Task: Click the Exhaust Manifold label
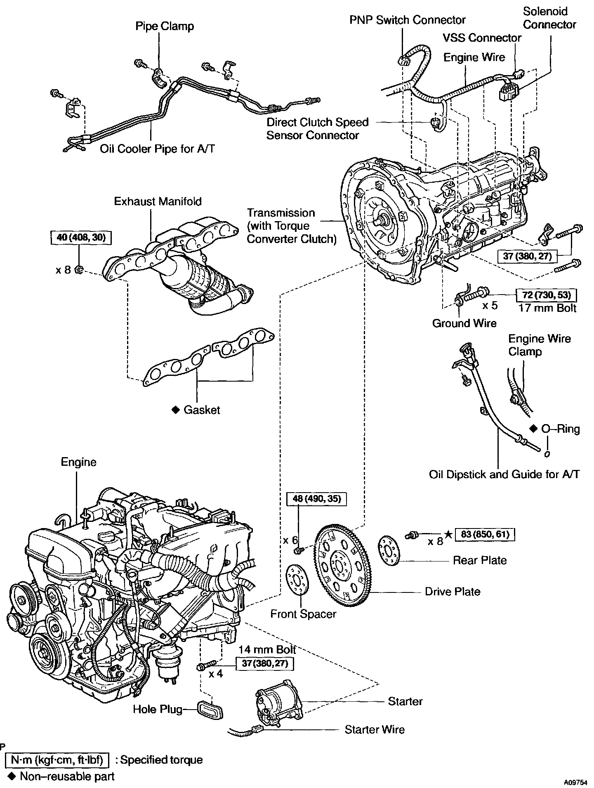point(158,202)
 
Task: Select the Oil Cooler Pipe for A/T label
point(157,149)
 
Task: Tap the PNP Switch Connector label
point(408,20)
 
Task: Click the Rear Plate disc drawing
point(389,551)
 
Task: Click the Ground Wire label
point(464,323)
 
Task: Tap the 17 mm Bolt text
point(547,308)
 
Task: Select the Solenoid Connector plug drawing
point(507,90)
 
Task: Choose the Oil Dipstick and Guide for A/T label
point(504,474)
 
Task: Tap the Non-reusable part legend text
point(67,776)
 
